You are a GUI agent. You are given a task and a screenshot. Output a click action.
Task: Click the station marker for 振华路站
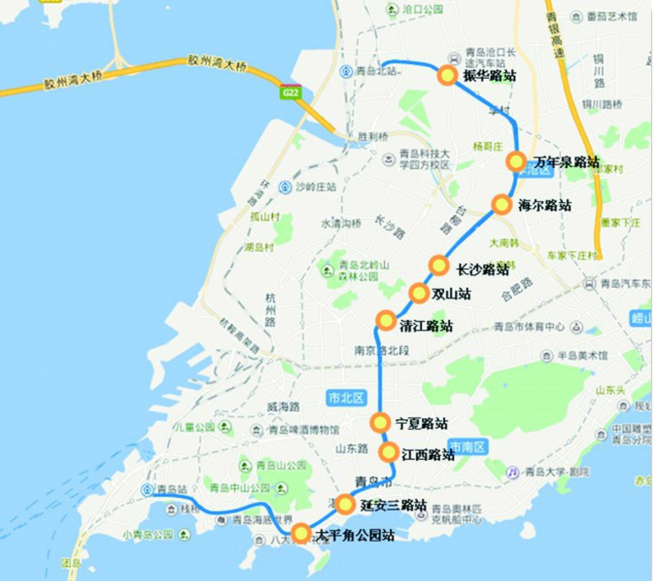pyautogui.click(x=447, y=76)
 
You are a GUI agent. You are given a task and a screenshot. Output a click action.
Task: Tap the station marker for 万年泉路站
pyautogui.click(x=516, y=161)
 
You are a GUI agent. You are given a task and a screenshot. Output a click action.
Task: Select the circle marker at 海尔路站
pyautogui.click(x=501, y=204)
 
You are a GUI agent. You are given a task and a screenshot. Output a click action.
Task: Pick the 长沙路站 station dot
pyautogui.click(x=439, y=265)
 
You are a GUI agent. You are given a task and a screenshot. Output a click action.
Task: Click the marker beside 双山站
pyautogui.click(x=418, y=293)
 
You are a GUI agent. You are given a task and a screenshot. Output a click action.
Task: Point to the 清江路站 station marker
pyautogui.click(x=386, y=320)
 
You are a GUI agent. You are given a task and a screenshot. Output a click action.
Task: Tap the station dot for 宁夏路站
pyautogui.click(x=380, y=422)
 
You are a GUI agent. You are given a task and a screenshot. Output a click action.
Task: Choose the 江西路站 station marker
pyautogui.click(x=389, y=452)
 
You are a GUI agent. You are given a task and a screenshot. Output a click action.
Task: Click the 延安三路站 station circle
pyautogui.click(x=345, y=504)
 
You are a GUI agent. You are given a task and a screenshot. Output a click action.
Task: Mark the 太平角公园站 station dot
pyautogui.click(x=301, y=533)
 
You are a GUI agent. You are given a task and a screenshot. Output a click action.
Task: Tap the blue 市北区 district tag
pyautogui.click(x=346, y=398)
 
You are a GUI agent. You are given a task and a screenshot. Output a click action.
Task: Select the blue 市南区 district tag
pyautogui.click(x=467, y=447)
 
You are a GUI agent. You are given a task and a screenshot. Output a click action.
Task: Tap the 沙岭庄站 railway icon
pyautogui.click(x=285, y=187)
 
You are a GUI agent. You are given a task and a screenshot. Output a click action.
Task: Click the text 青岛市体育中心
pyautogui.click(x=529, y=327)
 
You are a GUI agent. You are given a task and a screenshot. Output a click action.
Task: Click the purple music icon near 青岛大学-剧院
pyautogui.click(x=513, y=472)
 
